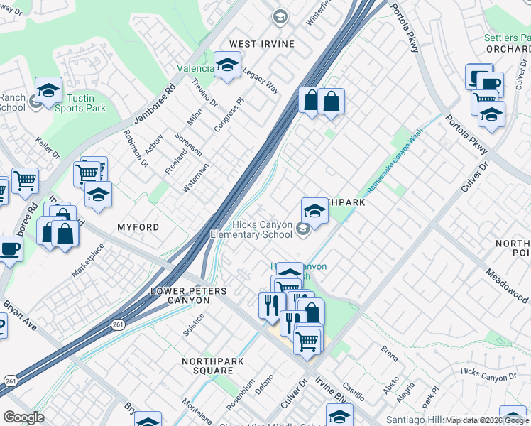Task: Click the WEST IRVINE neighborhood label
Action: tap(262, 44)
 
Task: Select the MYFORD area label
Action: tap(138, 226)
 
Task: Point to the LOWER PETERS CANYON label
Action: tap(189, 296)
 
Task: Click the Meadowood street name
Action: tap(507, 284)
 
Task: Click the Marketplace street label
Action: tap(87, 260)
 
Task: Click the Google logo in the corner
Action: tap(23, 417)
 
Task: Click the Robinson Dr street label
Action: tap(136, 148)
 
